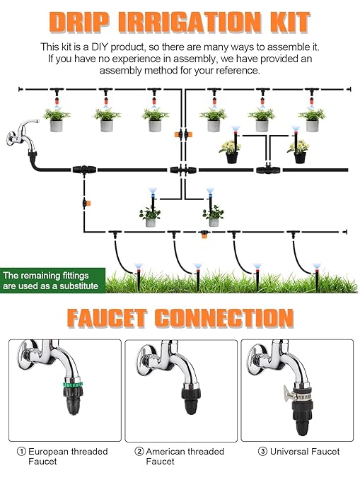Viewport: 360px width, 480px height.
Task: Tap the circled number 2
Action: pos(139,451)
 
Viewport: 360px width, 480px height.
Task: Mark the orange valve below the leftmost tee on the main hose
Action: pos(84,203)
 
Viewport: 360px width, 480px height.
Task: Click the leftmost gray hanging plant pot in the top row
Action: pos(57,124)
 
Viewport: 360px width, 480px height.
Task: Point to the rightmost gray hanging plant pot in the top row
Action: pos(312,124)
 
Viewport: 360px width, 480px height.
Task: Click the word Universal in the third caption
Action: pos(283,451)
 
